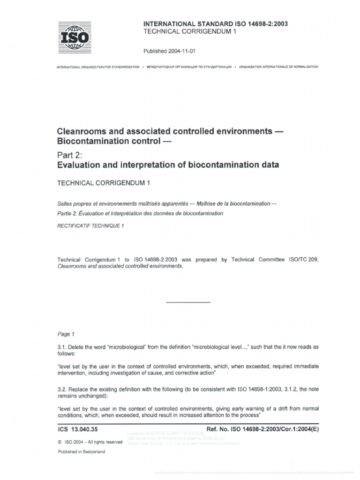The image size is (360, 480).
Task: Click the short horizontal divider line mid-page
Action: [188, 302]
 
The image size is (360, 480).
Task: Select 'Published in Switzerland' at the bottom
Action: [82, 451]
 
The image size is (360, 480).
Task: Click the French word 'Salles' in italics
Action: [65, 204]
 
